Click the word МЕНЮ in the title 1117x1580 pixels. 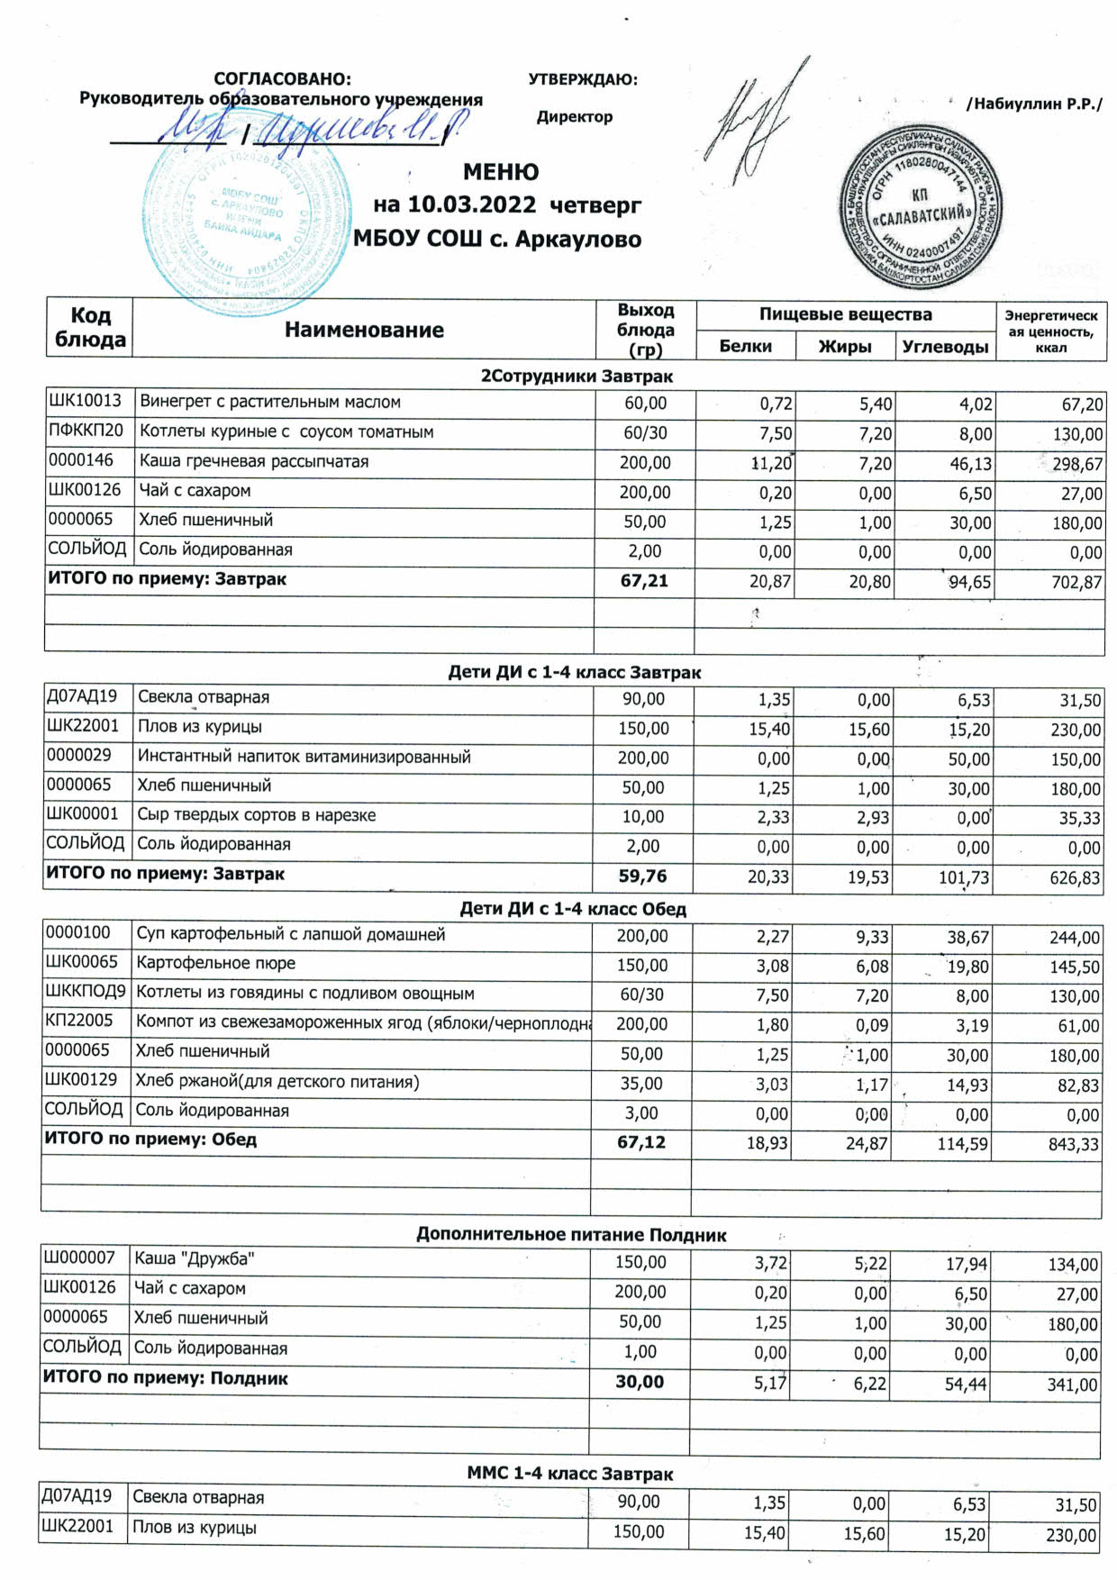501,172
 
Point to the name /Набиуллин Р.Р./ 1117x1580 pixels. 1033,104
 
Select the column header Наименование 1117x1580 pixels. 364,330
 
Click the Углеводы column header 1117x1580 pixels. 945,347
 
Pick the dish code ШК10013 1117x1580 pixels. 85,402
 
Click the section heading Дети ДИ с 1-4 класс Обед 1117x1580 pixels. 573,909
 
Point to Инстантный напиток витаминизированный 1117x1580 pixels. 304,757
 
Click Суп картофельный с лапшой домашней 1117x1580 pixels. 290,934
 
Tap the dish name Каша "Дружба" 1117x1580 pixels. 187,1258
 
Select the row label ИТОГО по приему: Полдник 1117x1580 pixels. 166,1378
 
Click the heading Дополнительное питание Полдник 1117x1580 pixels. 571,1235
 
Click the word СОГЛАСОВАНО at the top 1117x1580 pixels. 282,79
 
